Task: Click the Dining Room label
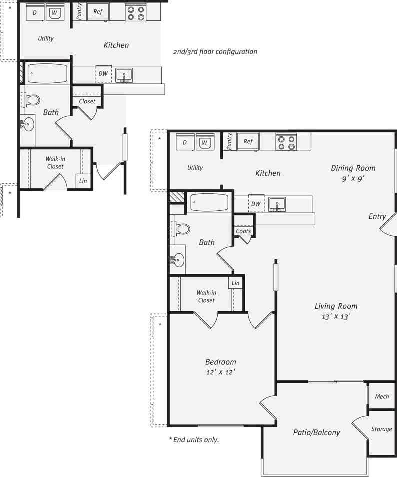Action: (x=352, y=168)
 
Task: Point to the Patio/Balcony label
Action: (x=316, y=432)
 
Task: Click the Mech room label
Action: (x=382, y=396)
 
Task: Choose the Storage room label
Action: (x=381, y=429)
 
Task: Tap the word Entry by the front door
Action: (x=377, y=216)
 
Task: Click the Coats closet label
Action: (x=243, y=231)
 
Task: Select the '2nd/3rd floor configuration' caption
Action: (x=215, y=51)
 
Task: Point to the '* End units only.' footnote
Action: (x=194, y=440)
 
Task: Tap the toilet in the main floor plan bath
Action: (x=182, y=229)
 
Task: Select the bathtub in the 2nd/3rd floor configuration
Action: (x=47, y=73)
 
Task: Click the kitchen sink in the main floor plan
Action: (x=276, y=204)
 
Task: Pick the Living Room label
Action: (x=336, y=306)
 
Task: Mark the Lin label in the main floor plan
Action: (x=235, y=283)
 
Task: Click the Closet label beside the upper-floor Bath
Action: (x=87, y=101)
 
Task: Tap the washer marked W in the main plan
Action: (x=204, y=142)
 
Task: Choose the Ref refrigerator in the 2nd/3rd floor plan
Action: (x=98, y=11)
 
